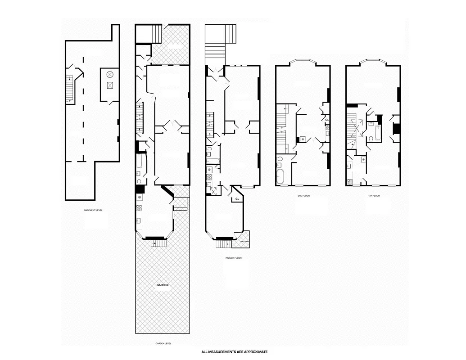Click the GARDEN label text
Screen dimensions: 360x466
click(163, 285)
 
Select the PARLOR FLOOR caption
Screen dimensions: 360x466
click(234, 258)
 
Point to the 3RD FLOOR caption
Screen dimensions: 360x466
click(303, 196)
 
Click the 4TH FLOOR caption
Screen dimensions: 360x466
click(374, 196)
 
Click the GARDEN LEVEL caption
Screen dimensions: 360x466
click(163, 343)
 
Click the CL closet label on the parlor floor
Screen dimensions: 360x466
click(237, 198)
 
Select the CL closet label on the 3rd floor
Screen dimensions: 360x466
click(326, 120)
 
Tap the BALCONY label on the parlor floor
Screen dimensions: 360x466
click(245, 242)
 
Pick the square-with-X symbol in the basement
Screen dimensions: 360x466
click(110, 85)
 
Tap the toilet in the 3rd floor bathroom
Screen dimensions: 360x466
click(280, 159)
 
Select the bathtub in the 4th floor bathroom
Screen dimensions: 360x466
click(377, 134)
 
